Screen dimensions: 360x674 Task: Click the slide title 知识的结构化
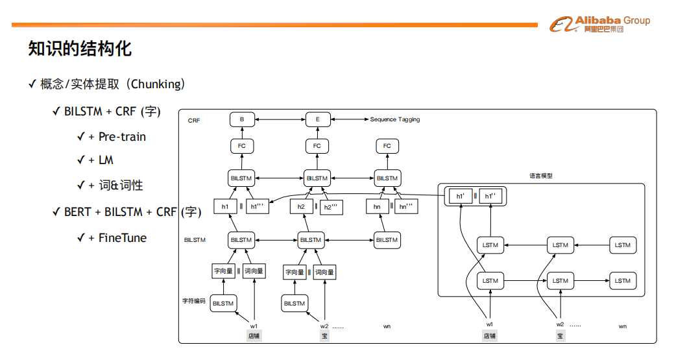tap(80, 49)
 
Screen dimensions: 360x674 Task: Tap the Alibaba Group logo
tap(599, 25)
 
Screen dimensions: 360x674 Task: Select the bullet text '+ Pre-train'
tap(117, 137)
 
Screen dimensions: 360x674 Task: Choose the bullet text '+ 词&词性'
tap(115, 186)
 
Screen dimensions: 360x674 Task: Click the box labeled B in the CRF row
tap(242, 119)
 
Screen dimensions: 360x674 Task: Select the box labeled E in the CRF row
tap(318, 119)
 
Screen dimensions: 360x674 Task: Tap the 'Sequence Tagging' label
tap(395, 119)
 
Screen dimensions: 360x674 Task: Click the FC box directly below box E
tap(317, 146)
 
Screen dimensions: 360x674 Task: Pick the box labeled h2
tap(301, 206)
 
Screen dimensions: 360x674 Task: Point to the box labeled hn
tap(378, 206)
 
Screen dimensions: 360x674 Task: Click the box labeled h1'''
tap(258, 206)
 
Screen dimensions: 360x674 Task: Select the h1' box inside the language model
tap(460, 196)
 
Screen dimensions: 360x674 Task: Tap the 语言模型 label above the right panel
tap(540, 175)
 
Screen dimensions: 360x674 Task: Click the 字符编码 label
tap(193, 301)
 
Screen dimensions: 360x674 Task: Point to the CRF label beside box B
tap(193, 121)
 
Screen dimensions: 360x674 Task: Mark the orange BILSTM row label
tap(195, 240)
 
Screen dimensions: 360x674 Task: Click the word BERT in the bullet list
tap(78, 212)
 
